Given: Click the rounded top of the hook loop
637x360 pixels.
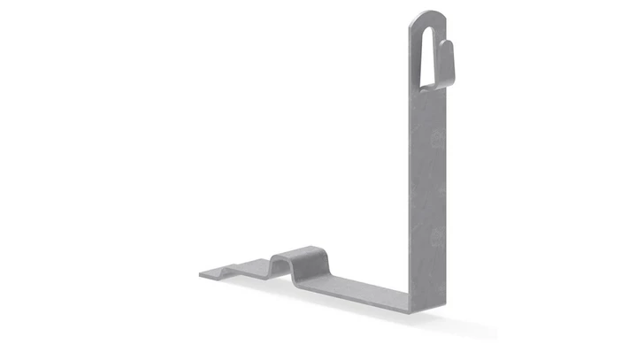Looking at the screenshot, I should (427, 15).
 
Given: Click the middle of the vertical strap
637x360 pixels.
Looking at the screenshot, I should (428, 195).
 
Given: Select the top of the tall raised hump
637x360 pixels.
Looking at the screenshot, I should (301, 251).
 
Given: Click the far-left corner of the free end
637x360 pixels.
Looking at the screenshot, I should (200, 275).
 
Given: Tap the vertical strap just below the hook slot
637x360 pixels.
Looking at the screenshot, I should (428, 102).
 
